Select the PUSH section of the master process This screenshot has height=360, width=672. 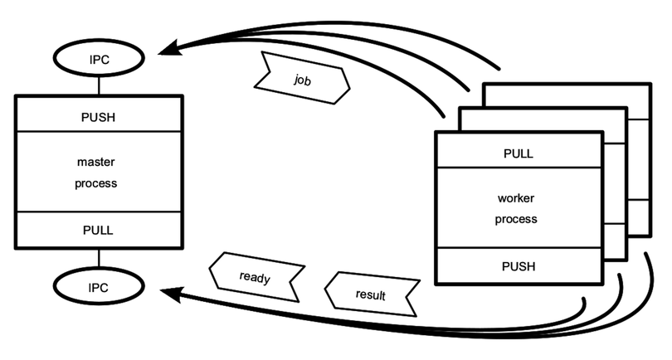coord(98,116)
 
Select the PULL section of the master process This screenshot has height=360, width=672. coord(98,229)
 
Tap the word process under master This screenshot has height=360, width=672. coord(98,182)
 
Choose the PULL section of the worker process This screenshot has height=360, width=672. coord(519,153)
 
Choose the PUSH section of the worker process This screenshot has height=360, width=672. coord(519,266)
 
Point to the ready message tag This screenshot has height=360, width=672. coord(255,277)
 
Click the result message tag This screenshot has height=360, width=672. coord(369,294)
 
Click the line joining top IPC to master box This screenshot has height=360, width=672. coord(99,85)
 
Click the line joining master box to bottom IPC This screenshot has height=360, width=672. coord(99,257)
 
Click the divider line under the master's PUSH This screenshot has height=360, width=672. coord(98,130)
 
